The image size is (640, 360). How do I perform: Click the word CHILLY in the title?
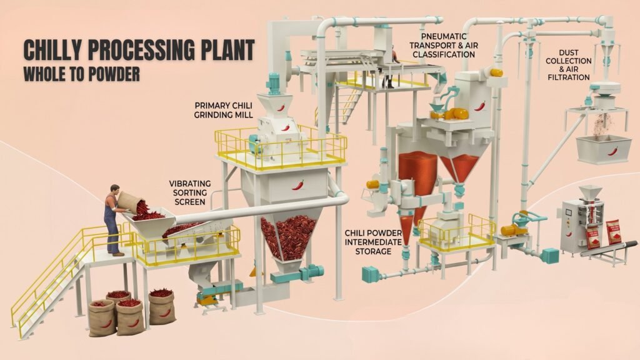tap(54, 50)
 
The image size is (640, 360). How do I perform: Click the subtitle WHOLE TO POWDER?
tap(82, 74)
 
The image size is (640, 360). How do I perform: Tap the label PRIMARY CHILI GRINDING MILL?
tap(223, 110)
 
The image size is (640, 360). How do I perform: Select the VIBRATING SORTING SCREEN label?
tap(190, 192)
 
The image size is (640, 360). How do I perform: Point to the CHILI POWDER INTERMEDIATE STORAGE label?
tap(373, 242)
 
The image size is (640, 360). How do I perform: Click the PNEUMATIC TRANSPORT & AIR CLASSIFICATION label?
tap(444, 45)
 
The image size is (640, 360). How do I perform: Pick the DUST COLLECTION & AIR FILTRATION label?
tap(569, 65)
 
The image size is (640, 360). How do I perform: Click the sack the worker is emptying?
tap(130, 202)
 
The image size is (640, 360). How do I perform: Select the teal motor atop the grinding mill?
tap(273, 83)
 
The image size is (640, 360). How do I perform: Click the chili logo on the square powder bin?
tap(612, 151)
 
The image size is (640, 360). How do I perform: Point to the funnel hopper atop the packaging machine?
tap(590, 192)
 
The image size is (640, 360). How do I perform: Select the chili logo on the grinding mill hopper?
tap(298, 185)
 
